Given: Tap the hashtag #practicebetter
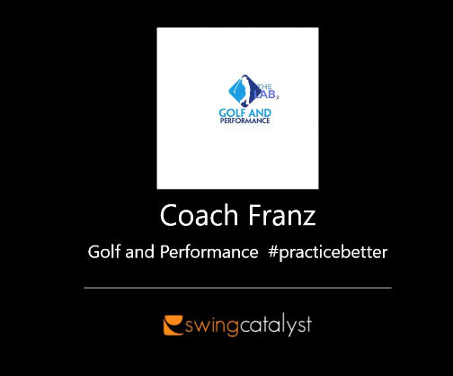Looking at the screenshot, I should (x=327, y=252).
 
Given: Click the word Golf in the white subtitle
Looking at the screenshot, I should (x=103, y=252).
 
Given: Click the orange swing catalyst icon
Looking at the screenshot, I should (x=171, y=324).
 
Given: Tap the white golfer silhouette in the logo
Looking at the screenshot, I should (x=237, y=90).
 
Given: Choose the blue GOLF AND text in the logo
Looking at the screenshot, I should (x=244, y=112).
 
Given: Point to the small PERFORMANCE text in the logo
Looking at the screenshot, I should (x=244, y=121).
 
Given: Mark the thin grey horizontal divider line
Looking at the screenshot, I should (x=237, y=288).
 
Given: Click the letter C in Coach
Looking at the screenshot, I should (x=168, y=217).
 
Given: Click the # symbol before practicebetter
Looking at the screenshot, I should (x=272, y=252).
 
